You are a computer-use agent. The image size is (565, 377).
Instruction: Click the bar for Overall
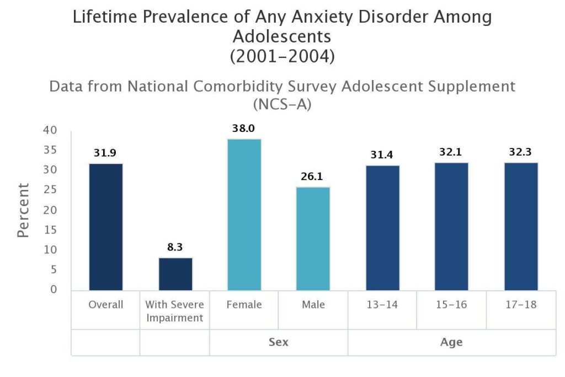point(106,227)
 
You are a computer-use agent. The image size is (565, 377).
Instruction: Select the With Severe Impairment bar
point(175,274)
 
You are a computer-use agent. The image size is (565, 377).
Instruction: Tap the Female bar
point(244,215)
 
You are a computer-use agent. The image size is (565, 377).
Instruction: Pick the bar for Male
point(313,238)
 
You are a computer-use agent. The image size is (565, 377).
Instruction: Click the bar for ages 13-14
point(382,228)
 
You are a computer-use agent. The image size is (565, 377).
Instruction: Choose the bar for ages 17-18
point(521,226)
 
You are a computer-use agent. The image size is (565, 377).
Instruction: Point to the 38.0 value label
point(244,129)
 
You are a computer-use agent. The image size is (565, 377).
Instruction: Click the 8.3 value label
point(175,247)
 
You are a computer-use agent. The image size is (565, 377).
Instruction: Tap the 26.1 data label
point(313,177)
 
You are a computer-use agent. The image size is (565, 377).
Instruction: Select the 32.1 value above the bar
point(451,152)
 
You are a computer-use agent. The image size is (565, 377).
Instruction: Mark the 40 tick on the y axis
point(51,131)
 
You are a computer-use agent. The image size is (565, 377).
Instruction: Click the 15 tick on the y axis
point(51,230)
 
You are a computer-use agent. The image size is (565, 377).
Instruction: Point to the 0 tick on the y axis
point(54,290)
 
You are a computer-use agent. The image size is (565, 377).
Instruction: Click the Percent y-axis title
point(23,210)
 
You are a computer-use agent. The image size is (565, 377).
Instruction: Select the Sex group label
point(279,342)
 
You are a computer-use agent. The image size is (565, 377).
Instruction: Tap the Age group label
point(451,342)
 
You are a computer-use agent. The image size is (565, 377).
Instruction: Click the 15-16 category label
point(451,305)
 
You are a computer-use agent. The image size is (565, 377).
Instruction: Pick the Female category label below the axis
point(244,305)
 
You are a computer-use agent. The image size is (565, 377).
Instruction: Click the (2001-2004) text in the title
point(282,56)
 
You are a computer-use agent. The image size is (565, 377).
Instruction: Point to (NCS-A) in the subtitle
point(282,104)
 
